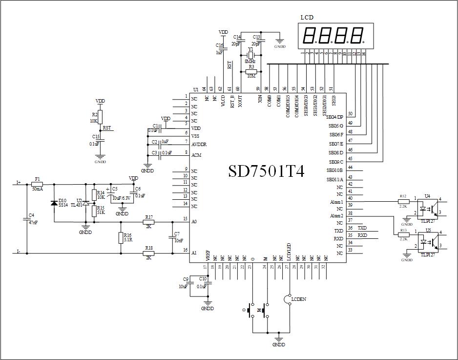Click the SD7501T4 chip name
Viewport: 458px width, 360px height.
[267, 171]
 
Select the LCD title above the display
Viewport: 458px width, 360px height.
[307, 17]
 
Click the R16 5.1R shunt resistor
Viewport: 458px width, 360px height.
[121, 238]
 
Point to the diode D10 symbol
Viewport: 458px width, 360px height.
[54, 203]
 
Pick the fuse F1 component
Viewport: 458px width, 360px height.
[37, 184]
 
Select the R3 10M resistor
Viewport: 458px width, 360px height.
[251, 71]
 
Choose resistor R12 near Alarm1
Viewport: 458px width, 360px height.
[403, 201]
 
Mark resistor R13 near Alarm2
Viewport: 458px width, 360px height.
[403, 234]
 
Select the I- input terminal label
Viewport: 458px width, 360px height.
[19, 252]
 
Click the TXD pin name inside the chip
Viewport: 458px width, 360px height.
[338, 231]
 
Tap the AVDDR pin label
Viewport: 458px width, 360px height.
[199, 145]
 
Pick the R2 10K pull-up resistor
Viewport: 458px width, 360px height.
[100, 117]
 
